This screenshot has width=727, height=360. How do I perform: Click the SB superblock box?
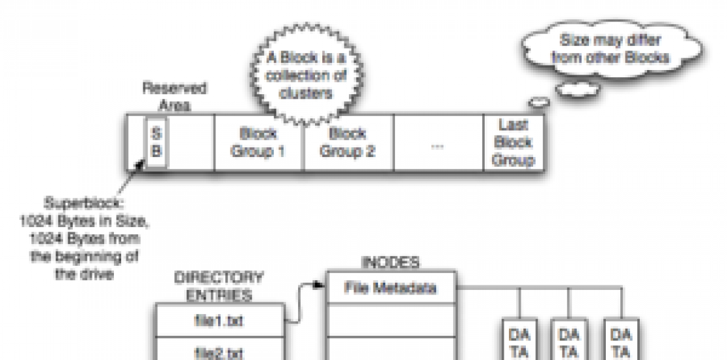(x=157, y=142)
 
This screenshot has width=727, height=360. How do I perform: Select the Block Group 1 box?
(x=259, y=143)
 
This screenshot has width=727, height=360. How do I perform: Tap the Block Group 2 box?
(x=347, y=143)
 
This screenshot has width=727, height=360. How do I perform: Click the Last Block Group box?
(x=513, y=143)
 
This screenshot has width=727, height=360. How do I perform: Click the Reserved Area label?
(x=174, y=96)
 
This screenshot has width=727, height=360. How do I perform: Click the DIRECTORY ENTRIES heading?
(x=219, y=286)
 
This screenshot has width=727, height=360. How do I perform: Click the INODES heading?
(x=390, y=262)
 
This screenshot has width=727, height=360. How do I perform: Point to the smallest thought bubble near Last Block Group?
(x=539, y=101)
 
